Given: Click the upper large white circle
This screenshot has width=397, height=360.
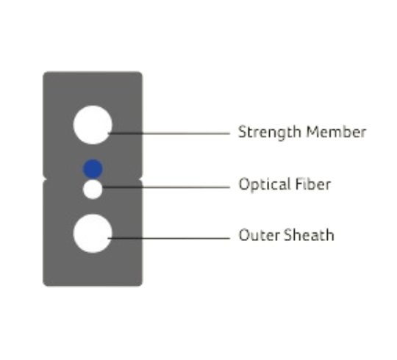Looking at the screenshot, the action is (x=93, y=125).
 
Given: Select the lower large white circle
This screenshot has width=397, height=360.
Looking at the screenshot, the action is (x=93, y=233).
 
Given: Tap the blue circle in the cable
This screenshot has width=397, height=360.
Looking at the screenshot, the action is (x=93, y=169).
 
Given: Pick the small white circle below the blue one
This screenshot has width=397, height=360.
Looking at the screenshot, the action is (x=93, y=190).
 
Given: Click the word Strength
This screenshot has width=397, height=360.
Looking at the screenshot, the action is (x=269, y=132).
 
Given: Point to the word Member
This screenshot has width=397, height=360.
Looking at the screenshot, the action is (x=336, y=132).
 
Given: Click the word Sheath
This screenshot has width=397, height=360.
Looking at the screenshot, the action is (x=309, y=235).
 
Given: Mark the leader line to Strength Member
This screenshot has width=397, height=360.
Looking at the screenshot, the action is (x=169, y=133).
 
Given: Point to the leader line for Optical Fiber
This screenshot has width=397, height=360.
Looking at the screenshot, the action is (x=166, y=187).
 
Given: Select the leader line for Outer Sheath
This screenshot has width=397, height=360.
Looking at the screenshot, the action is (x=169, y=238).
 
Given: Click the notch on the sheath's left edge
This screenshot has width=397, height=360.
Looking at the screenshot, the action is (x=44, y=179).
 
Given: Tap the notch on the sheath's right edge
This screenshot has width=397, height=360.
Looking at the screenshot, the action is (x=141, y=179).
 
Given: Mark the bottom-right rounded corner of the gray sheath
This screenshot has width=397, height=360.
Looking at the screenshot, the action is (x=140, y=284).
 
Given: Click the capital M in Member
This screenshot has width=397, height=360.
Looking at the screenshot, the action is (x=312, y=132).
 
